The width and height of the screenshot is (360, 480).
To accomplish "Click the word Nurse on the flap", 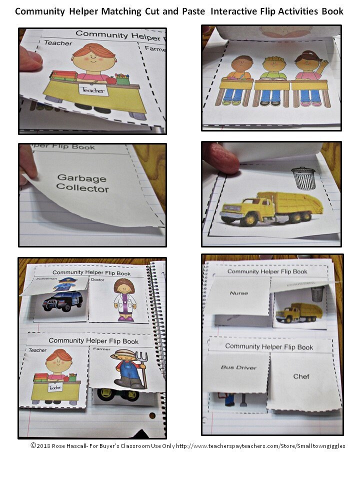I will [x=238, y=293].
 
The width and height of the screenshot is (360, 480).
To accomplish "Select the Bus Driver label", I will [x=238, y=367].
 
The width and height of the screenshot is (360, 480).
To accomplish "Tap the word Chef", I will [x=301, y=376].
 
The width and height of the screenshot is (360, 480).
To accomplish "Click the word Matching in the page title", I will [x=126, y=11].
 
